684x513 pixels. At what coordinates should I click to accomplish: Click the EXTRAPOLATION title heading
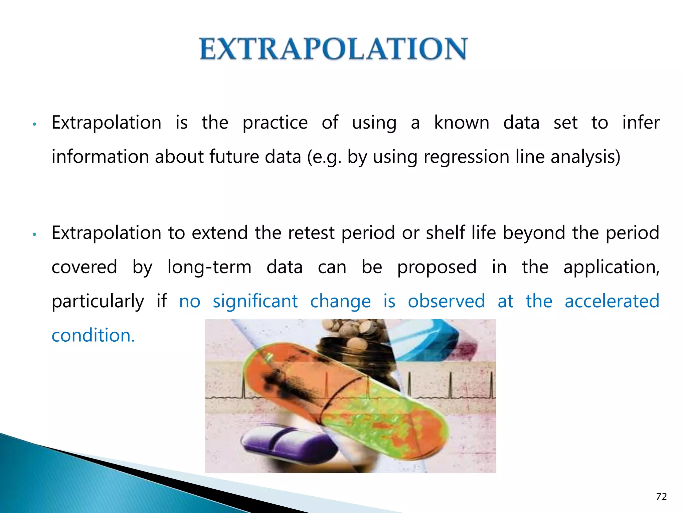333,49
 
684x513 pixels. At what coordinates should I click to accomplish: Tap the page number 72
661,497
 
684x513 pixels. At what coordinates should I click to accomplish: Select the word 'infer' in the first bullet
641,122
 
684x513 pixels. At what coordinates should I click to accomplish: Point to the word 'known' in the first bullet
462,122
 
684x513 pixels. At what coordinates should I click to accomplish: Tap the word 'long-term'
209,267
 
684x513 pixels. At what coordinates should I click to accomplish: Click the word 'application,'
611,267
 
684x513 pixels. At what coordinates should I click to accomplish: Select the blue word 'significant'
255,301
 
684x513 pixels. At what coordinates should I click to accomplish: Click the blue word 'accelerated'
612,301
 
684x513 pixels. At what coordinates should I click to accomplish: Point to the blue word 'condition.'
93,335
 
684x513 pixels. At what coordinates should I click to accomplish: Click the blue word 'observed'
446,301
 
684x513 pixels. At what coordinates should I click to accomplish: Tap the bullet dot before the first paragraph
34,125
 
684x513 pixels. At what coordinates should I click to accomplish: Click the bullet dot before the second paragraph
34,235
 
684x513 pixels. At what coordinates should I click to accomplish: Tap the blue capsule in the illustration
431,341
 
